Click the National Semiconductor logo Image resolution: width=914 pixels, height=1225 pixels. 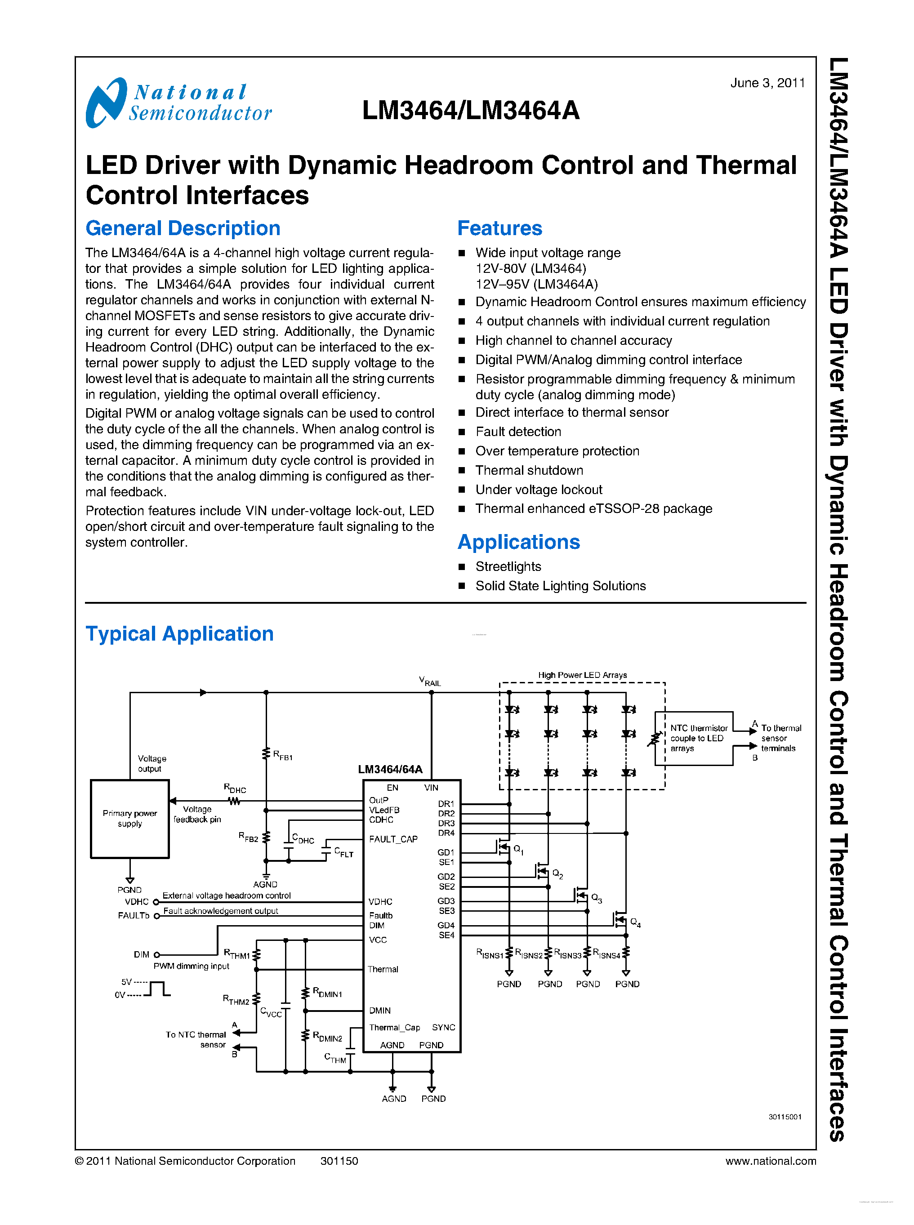[178, 103]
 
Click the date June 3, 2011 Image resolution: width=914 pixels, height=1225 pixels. [767, 83]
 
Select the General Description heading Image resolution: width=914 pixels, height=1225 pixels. [183, 228]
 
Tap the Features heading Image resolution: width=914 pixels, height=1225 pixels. [499, 228]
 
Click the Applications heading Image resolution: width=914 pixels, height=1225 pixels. [518, 542]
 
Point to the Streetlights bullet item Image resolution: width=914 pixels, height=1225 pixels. [508, 566]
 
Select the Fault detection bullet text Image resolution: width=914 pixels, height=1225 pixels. [518, 432]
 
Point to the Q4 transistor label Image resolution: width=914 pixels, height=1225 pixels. [635, 922]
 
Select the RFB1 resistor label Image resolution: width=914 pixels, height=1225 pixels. [283, 755]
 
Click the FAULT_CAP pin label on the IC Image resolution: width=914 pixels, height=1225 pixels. [393, 839]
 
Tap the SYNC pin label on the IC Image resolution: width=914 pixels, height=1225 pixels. [443, 1028]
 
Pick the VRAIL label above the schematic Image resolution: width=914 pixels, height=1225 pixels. [430, 682]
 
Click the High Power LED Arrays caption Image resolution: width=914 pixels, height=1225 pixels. [582, 675]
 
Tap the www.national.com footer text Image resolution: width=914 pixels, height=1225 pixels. [770, 1161]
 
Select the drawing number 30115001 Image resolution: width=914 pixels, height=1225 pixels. [784, 1117]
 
